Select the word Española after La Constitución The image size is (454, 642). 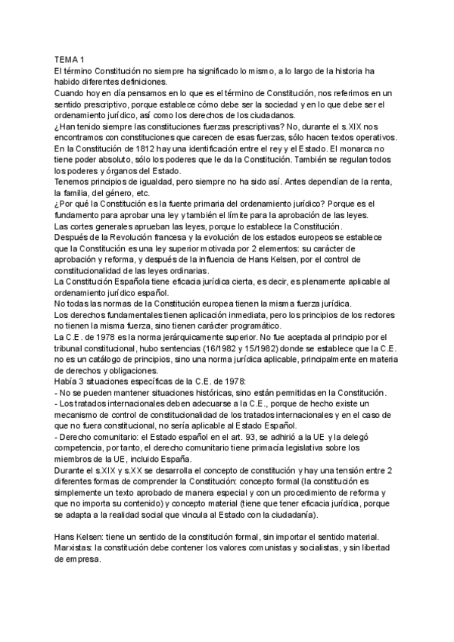point(140,282)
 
